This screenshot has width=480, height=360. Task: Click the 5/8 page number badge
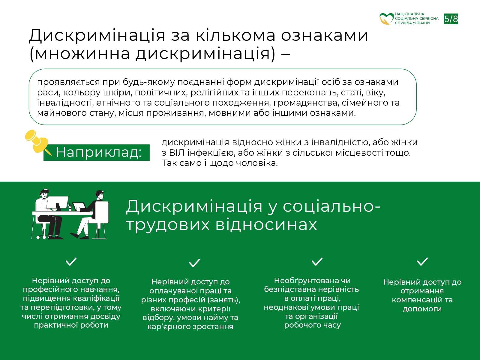point(451,19)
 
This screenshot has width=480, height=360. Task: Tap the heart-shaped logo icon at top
point(386,19)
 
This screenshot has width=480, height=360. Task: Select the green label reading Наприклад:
point(97,152)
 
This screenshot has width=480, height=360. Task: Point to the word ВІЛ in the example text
point(177,153)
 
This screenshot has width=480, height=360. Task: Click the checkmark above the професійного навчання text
point(71,262)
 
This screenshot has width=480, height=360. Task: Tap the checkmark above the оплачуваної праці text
point(194,263)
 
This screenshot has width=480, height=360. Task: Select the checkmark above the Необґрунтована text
point(317,262)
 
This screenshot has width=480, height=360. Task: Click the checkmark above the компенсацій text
point(422,262)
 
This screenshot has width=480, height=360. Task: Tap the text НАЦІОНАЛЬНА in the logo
point(409,14)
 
